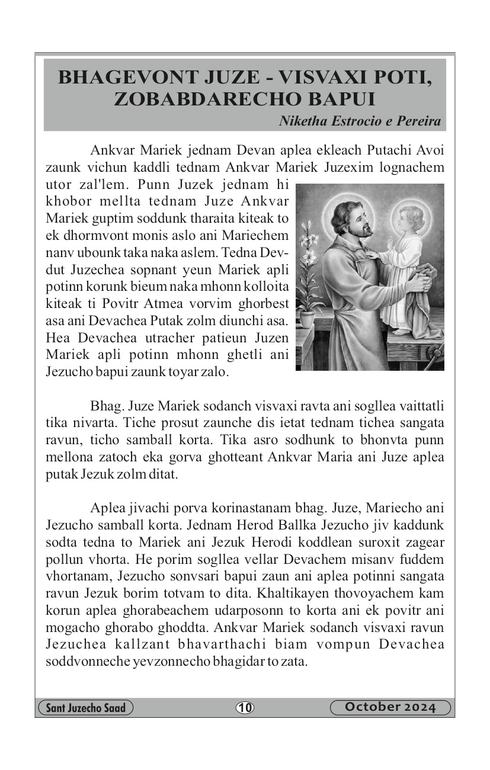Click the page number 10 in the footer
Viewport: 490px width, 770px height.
click(x=245, y=707)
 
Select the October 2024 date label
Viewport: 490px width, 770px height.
click(x=390, y=707)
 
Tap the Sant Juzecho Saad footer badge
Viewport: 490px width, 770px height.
click(x=85, y=708)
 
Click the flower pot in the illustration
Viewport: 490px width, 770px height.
click(x=307, y=318)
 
